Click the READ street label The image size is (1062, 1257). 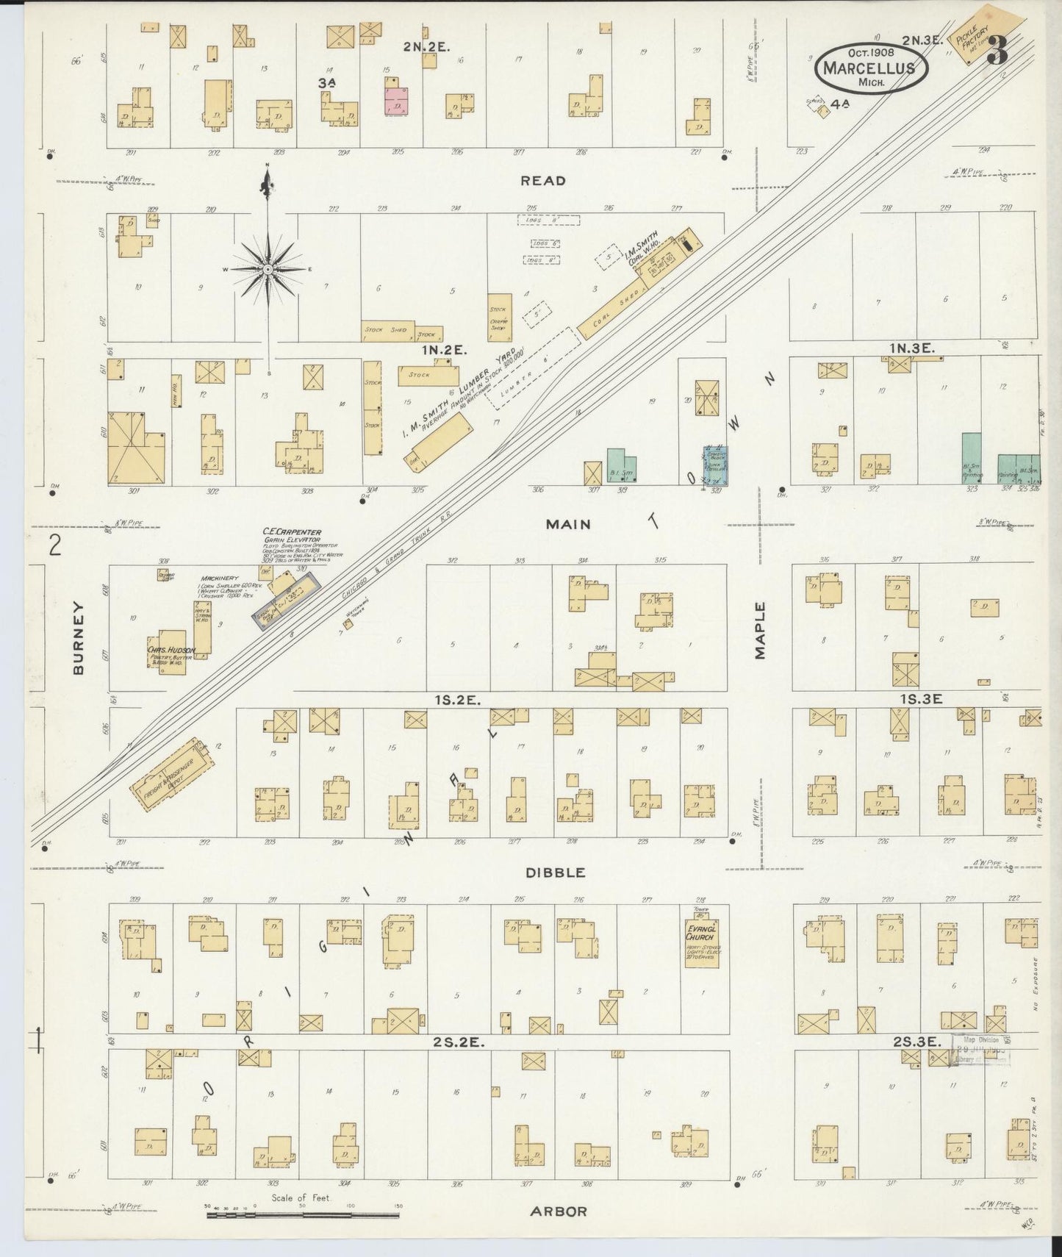pos(544,181)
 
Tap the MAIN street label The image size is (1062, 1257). pos(568,524)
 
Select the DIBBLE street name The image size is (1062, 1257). pos(555,873)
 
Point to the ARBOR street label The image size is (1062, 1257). pos(559,1211)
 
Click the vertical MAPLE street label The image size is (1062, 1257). pos(761,631)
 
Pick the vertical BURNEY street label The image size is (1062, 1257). pos(79,637)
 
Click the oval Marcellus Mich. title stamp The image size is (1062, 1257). pos(871,68)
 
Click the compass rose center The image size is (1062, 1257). pos(268,270)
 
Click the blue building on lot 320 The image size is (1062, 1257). pos(714,464)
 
